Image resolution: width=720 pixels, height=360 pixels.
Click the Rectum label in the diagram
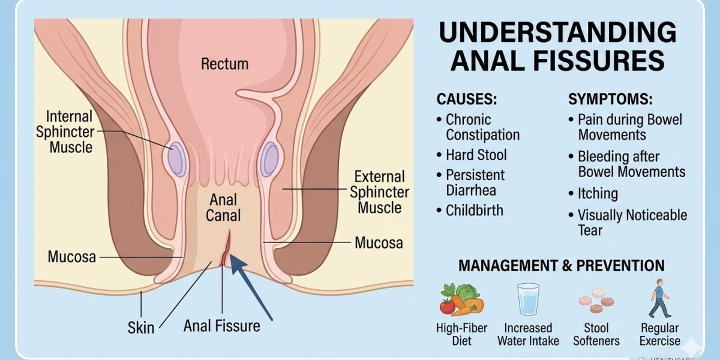point(224,64)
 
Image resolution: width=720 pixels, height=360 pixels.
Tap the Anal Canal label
point(223,208)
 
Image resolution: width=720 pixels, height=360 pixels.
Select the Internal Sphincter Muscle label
point(65,132)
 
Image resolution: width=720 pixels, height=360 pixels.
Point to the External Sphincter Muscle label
point(379,192)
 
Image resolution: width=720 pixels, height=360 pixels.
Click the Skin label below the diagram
point(141,328)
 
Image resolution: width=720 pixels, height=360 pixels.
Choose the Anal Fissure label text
point(222,326)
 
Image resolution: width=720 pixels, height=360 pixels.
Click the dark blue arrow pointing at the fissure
point(251,287)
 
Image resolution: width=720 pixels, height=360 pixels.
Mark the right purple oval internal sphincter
point(269,160)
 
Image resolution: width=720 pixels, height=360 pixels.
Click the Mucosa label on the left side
point(71,257)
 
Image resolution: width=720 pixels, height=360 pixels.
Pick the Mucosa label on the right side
point(379,242)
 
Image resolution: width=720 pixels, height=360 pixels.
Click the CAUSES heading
point(467,99)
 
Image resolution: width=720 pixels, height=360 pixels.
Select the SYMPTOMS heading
point(610,99)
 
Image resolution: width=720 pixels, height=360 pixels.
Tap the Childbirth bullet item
point(470,211)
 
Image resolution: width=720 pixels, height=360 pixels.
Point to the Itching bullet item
point(593,193)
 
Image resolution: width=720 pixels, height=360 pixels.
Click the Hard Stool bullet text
point(472,155)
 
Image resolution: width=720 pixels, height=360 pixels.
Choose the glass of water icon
point(528,299)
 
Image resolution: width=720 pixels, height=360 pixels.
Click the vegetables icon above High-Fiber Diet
point(462,299)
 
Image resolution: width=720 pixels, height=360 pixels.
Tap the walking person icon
point(659,298)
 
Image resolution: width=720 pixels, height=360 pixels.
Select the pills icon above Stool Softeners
point(596,301)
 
